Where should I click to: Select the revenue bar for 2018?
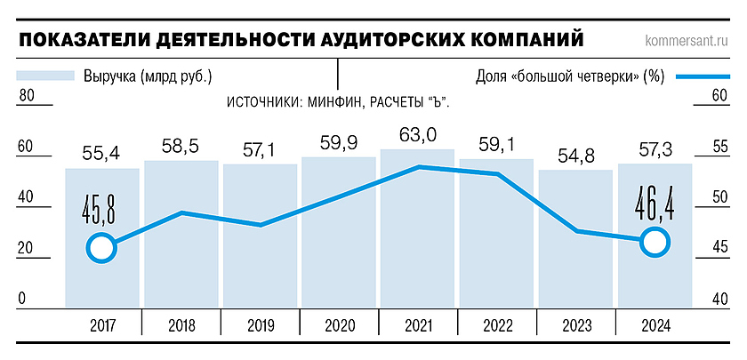click(181, 258)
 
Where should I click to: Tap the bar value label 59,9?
click(339, 141)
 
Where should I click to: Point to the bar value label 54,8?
click(574, 154)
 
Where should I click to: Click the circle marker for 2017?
click(102, 248)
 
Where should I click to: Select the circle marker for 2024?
click(655, 241)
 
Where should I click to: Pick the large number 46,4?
click(655, 201)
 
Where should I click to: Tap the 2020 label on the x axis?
click(339, 325)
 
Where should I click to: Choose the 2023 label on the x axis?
click(575, 325)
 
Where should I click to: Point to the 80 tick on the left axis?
click(27, 97)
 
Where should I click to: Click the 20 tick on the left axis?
click(27, 250)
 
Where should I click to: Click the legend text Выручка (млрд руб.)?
click(148, 76)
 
